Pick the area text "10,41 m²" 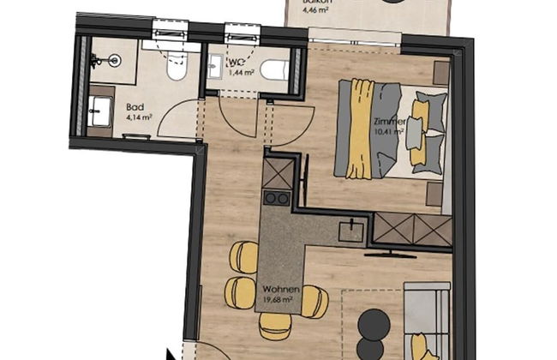point(389,133)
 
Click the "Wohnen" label point(281,290)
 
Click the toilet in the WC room point(274,69)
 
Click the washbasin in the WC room point(213,67)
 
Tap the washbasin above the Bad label point(100,109)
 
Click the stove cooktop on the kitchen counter point(276,197)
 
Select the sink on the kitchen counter point(350,230)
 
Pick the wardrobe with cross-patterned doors point(410,230)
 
